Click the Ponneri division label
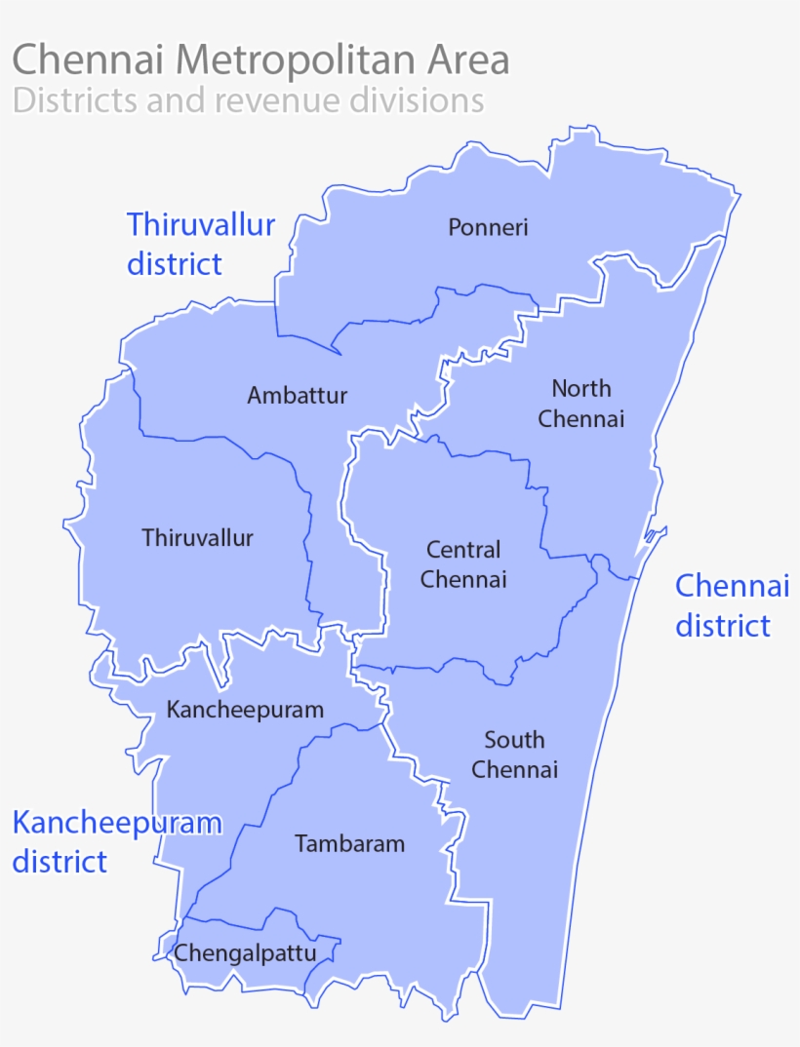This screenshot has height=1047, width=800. pos(488,227)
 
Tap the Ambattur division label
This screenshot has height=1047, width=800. pos(297,396)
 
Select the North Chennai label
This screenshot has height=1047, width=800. pos(581,404)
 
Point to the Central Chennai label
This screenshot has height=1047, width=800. pos(463,564)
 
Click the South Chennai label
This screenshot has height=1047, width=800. pos(514,755)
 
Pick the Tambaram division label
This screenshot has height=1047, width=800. pos(349,843)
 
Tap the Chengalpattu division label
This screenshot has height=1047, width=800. pos(245,952)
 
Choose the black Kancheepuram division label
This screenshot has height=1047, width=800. pos(245,710)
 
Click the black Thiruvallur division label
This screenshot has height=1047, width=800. pos(197,537)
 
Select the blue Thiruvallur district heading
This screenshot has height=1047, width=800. pos(200,244)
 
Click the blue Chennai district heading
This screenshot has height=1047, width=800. pos(731,605)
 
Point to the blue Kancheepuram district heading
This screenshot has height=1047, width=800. pos(116,841)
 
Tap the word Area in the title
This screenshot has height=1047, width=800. pos(466,60)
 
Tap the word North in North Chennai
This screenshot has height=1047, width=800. pos(581,388)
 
